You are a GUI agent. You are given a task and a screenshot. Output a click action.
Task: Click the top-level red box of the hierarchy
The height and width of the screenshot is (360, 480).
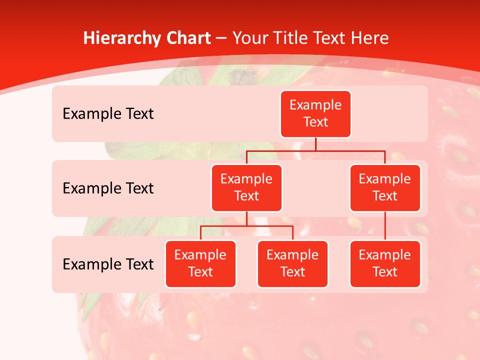tap(315, 113)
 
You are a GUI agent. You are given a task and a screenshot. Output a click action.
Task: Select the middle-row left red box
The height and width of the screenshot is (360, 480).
tap(246, 187)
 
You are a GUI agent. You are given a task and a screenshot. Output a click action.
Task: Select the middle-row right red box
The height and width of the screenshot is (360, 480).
tap(385, 187)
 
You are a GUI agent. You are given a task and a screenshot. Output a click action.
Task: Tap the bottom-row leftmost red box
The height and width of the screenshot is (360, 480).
tap(200, 263)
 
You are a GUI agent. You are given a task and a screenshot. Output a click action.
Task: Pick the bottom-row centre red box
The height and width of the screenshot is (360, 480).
tap(292, 263)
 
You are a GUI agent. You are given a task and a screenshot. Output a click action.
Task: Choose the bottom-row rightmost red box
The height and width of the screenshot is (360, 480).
tap(385, 263)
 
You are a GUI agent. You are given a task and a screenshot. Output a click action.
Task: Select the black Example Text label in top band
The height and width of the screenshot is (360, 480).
tap(108, 114)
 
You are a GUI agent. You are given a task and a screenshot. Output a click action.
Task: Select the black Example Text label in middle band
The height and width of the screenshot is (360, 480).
tap(108, 188)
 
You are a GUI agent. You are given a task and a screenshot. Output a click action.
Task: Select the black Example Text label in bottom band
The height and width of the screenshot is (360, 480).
tap(108, 264)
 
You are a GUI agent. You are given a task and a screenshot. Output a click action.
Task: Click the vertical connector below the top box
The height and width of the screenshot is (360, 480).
tap(315, 144)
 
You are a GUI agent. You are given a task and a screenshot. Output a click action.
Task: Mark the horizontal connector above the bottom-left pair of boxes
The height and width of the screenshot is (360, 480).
tap(246, 226)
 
